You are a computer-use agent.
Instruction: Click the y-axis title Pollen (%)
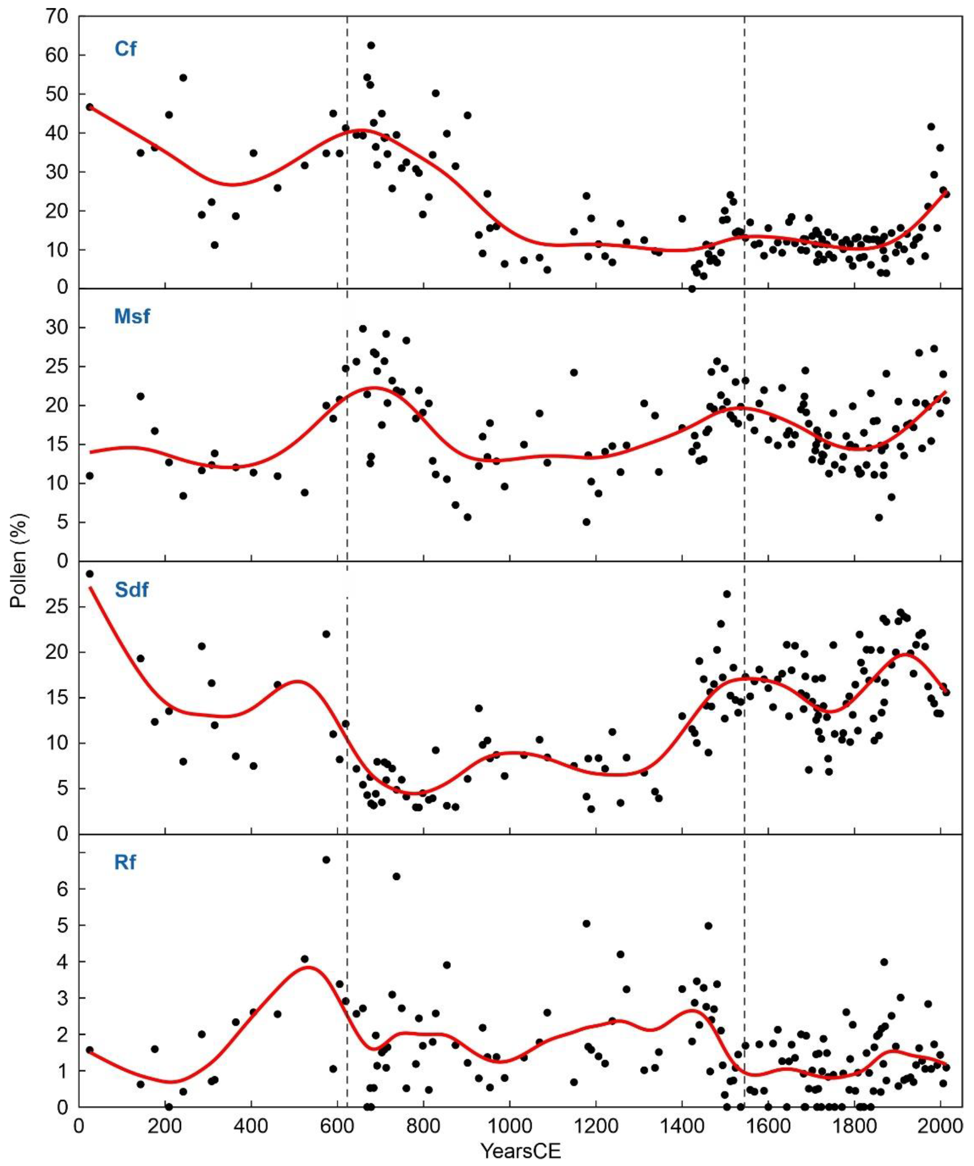click(x=20, y=561)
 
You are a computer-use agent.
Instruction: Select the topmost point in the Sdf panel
click(x=89, y=574)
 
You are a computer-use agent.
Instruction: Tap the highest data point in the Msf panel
click(x=363, y=329)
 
